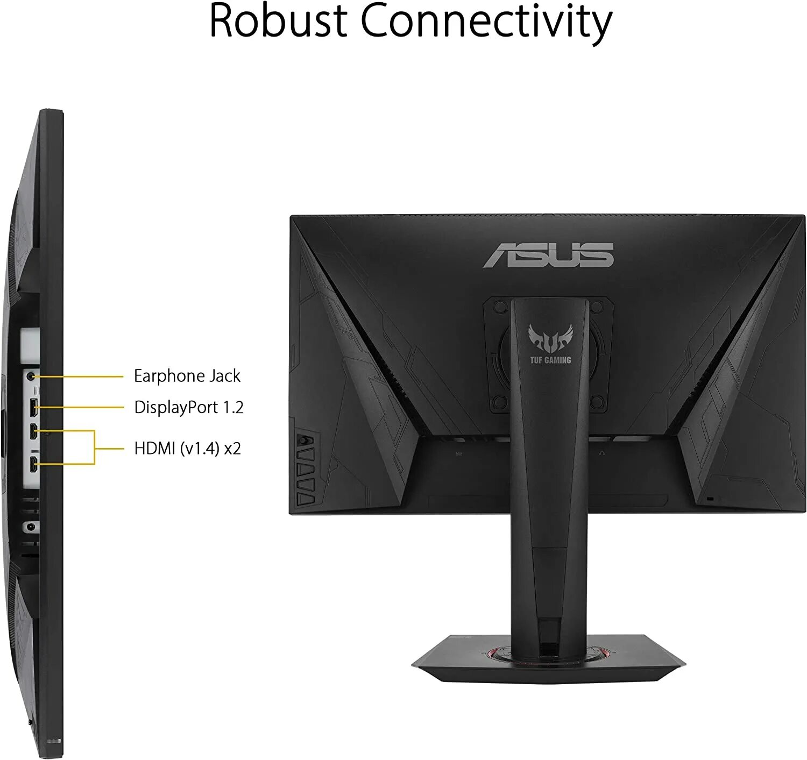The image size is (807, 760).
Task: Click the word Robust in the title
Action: [x=278, y=22]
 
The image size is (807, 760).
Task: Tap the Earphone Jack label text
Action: [x=187, y=376]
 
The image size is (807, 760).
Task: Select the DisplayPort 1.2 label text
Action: [x=188, y=407]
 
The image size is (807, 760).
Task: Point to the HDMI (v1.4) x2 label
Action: [x=187, y=448]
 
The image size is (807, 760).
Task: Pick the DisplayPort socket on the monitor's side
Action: [x=33, y=407]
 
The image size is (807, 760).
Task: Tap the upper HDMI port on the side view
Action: [x=33, y=430]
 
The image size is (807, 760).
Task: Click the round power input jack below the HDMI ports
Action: [x=30, y=527]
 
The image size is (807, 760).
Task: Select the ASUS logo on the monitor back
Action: [x=548, y=255]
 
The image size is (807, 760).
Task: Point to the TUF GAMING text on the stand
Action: [x=550, y=360]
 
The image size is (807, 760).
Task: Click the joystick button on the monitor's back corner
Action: [x=302, y=439]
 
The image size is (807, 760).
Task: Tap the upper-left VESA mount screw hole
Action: [x=500, y=307]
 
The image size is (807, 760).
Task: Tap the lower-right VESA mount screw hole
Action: [x=597, y=401]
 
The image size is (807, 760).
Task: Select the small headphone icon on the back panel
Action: [x=601, y=453]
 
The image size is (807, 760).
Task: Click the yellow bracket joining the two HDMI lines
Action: [x=95, y=447]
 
